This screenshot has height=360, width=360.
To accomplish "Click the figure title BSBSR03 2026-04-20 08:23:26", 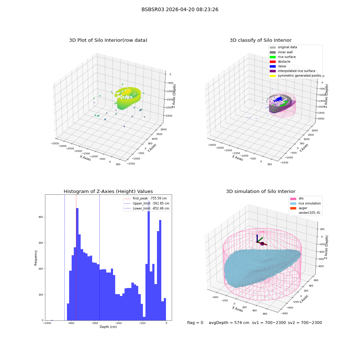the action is pos(180,9).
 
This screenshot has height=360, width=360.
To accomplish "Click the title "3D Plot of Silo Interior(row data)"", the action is pos(108,40).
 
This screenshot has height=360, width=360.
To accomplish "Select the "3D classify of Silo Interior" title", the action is pos(261,40).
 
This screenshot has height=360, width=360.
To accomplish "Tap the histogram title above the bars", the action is pos(108,191).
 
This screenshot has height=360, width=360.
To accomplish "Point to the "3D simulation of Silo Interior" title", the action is pos(261,191).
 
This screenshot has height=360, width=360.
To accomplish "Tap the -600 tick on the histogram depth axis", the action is pos(95,323).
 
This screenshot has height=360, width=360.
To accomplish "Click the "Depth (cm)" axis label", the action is pos(108,327).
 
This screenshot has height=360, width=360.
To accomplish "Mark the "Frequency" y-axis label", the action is pos(36,258).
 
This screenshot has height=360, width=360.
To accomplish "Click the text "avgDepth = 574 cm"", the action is pos(229,323).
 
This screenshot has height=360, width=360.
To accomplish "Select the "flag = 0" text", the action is pos(195,323).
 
